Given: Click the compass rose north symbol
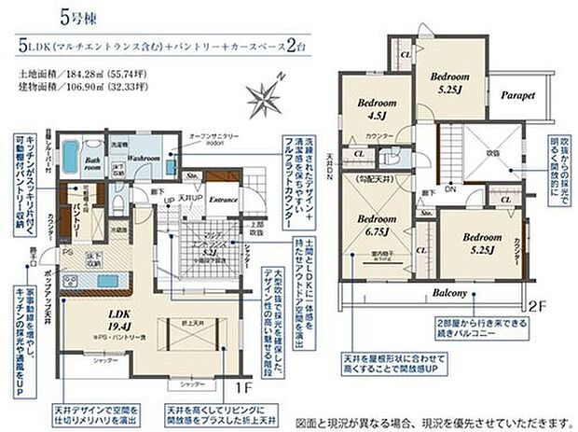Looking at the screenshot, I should click(x=266, y=95).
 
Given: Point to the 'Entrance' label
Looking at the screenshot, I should click(x=223, y=200).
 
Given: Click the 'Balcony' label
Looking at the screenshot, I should click(x=448, y=294).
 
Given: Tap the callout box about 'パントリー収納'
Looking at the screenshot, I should click(x=24, y=176).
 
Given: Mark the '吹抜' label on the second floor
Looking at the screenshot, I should click(x=491, y=152).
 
